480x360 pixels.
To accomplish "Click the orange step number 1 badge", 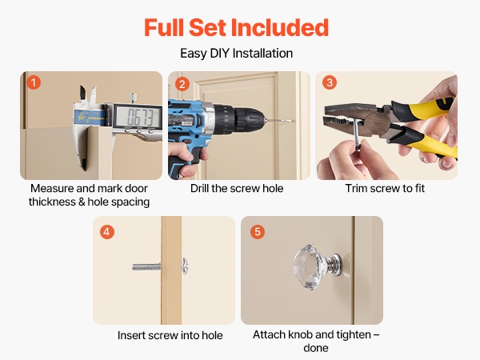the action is click(34, 82).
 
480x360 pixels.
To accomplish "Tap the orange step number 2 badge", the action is click(182, 84).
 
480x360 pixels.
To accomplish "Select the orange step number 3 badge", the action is click(330, 82).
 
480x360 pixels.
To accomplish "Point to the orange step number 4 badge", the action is click(107, 232).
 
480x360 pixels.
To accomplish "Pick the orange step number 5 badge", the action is click(258, 232).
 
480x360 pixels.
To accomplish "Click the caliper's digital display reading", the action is click(138, 117).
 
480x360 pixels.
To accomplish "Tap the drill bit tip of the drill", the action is click(293, 121).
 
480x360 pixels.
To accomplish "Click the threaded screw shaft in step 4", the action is click(146, 266).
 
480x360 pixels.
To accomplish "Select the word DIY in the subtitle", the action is click(219, 54).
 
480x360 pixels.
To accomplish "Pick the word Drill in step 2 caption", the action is click(199, 188).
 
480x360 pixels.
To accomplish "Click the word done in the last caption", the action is click(316, 348).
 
